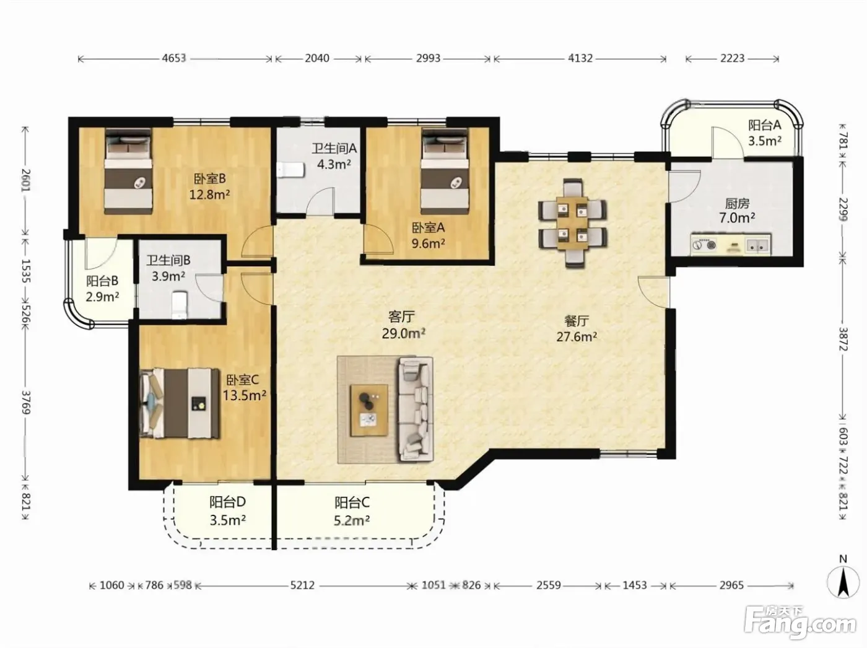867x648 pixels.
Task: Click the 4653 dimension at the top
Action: pyautogui.click(x=174, y=58)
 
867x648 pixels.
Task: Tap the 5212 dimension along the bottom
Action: pyautogui.click(x=302, y=585)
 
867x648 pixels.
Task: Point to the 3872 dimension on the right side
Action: pyautogui.click(x=843, y=339)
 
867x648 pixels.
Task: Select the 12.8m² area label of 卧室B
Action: pyautogui.click(x=209, y=195)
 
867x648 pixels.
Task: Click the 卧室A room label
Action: pyautogui.click(x=428, y=227)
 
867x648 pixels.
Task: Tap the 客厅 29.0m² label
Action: pyautogui.click(x=403, y=325)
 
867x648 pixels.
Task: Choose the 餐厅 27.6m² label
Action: pyautogui.click(x=577, y=329)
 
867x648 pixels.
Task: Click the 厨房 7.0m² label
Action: pyautogui.click(x=737, y=211)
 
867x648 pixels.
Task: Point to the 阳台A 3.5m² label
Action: pyautogui.click(x=765, y=133)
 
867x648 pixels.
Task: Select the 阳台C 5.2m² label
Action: pyautogui.click(x=352, y=511)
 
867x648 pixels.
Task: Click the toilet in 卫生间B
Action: pyautogui.click(x=180, y=305)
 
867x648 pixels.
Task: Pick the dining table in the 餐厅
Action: pyautogui.click(x=572, y=223)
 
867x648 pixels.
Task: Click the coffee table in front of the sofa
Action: pyautogui.click(x=369, y=410)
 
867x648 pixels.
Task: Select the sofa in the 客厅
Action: pyautogui.click(x=416, y=409)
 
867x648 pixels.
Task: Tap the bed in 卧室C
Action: pyautogui.click(x=180, y=403)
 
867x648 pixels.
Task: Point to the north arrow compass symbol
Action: pyautogui.click(x=843, y=582)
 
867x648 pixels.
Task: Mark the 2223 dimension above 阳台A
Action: pyautogui.click(x=732, y=58)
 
